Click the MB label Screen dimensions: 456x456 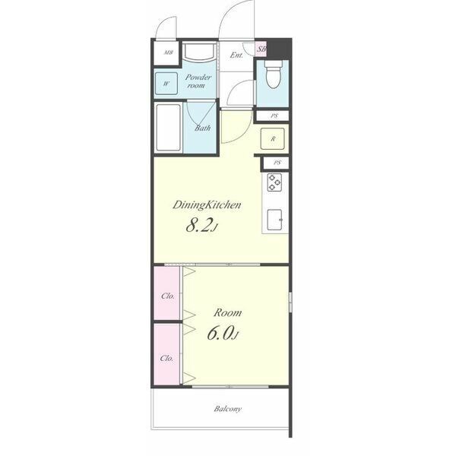point(169,52)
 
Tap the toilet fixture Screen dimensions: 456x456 point(273,74)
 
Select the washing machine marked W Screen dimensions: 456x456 point(166,84)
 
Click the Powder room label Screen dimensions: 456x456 point(198,81)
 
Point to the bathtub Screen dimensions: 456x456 point(169,128)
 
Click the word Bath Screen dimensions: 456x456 point(203,128)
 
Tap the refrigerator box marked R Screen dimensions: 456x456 point(273,139)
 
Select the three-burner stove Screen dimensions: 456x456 point(274,182)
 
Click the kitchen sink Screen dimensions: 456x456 point(275,220)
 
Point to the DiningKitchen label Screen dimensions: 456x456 point(207,205)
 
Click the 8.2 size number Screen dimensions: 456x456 point(198,225)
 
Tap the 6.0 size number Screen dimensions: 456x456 point(220,333)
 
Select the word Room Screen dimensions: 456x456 point(227,313)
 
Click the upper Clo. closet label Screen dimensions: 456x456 point(168,296)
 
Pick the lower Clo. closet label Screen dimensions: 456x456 point(166,358)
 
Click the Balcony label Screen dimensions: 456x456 point(228,409)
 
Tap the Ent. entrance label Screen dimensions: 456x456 point(236,55)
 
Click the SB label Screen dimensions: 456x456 point(261,49)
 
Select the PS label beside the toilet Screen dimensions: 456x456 point(274,116)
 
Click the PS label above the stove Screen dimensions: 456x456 point(277,163)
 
